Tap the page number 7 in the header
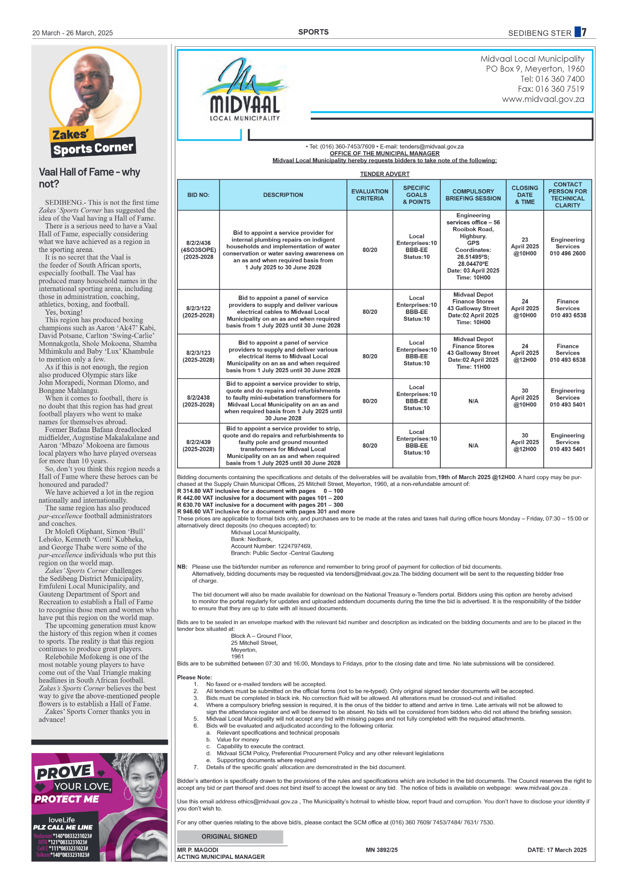pyautogui.click(x=584, y=32)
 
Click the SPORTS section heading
pyautogui.click(x=313, y=32)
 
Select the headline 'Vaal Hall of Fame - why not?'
pyautogui.click(x=89, y=178)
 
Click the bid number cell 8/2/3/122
pyautogui.click(x=198, y=312)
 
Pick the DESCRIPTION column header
pyautogui.click(x=283, y=195)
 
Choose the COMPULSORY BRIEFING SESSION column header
pyautogui.click(x=473, y=195)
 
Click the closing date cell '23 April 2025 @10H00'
pyautogui.click(x=524, y=246)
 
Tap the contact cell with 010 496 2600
pyautogui.click(x=567, y=246)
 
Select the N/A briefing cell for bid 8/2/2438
pyautogui.click(x=473, y=401)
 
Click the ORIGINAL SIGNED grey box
pyautogui.click(x=230, y=836)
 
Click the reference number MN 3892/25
pyautogui.click(x=381, y=850)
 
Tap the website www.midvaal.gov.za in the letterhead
pyautogui.click(x=543, y=99)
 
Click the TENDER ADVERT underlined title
pyautogui.click(x=384, y=174)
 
